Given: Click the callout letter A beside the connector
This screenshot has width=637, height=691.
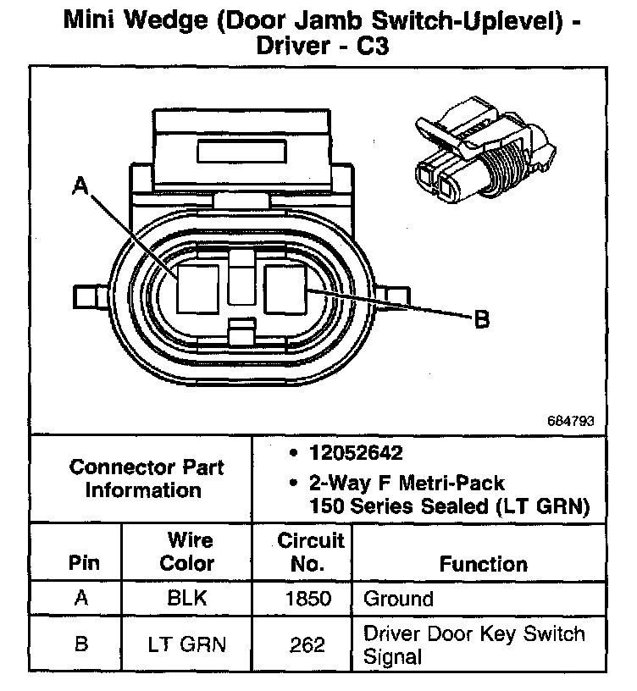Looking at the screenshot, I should (x=81, y=185).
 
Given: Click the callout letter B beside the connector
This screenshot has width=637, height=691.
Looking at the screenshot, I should (x=481, y=319).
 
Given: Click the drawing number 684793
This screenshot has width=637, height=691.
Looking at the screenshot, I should (x=574, y=419).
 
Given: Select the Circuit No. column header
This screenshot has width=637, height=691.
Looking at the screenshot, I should (x=311, y=551).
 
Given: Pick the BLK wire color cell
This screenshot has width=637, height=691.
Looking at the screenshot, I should (x=187, y=600).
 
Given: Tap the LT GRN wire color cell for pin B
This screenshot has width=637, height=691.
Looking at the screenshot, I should (x=187, y=645).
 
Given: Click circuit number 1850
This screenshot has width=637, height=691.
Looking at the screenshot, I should (x=307, y=600).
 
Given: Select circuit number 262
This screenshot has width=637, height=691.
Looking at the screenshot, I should (x=307, y=645).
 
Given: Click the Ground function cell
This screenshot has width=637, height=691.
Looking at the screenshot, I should (x=398, y=600).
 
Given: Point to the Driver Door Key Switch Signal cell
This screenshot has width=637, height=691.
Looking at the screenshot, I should (x=474, y=645).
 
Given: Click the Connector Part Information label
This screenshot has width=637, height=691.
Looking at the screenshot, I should (x=147, y=478).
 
